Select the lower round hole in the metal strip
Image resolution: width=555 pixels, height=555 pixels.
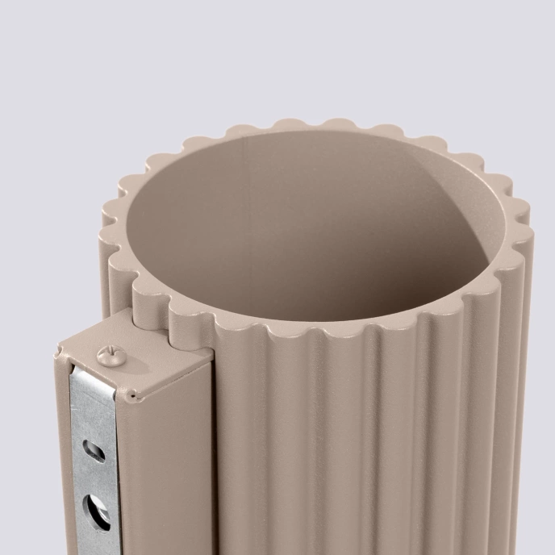(97, 512)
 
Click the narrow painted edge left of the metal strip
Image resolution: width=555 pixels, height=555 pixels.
(61, 468)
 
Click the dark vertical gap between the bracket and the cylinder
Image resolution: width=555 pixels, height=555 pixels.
(212, 452)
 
